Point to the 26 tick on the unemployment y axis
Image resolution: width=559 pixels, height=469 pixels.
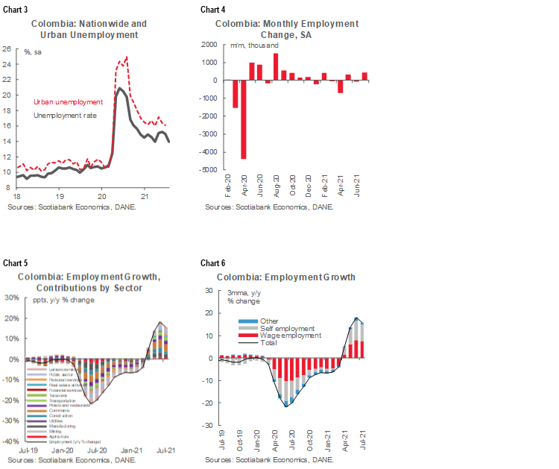point(7,49)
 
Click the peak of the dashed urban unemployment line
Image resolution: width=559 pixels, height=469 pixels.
point(127,57)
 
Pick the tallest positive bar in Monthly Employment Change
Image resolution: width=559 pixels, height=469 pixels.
point(276,66)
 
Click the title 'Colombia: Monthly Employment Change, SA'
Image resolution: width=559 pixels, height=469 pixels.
point(287,29)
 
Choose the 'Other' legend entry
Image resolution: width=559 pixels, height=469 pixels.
point(269,321)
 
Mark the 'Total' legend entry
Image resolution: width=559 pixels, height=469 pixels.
point(269,343)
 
